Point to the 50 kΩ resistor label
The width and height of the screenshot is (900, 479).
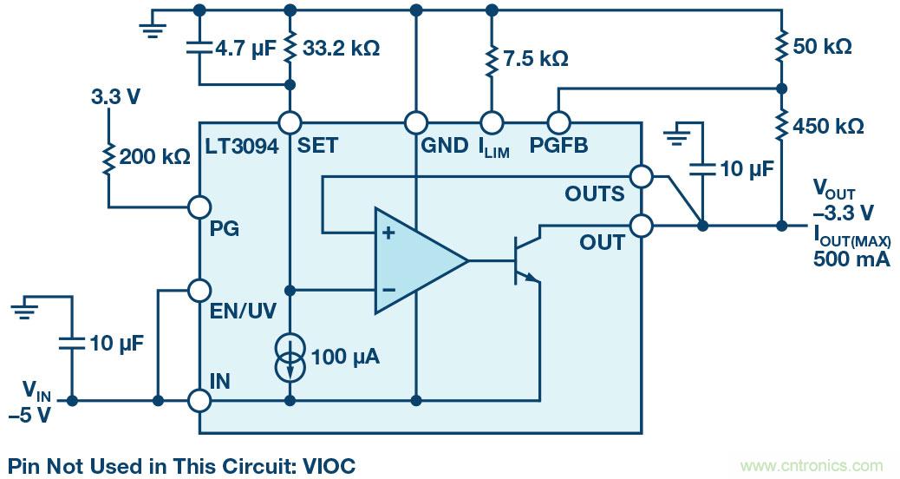(x=823, y=47)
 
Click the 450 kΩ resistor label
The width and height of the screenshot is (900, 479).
(x=828, y=127)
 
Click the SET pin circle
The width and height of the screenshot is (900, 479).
(x=289, y=122)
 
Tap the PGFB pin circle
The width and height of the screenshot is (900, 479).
(x=557, y=122)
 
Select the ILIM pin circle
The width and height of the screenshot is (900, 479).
(x=492, y=122)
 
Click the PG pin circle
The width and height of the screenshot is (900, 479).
(x=200, y=207)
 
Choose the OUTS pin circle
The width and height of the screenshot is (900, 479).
(x=642, y=177)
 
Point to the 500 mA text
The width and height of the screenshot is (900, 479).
(x=851, y=259)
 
